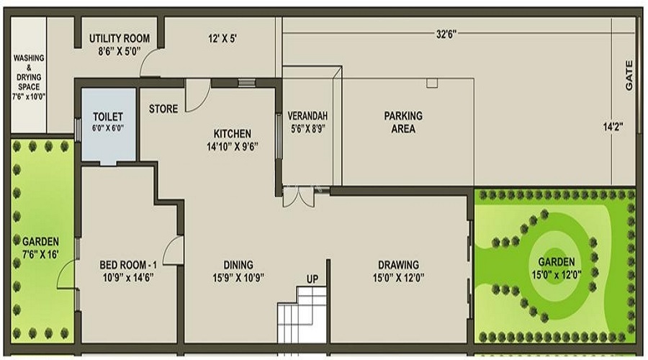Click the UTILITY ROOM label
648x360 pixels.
click(x=119, y=44)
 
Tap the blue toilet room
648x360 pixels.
click(x=108, y=125)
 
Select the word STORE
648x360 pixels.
click(x=163, y=109)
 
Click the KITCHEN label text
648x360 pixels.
click(x=232, y=139)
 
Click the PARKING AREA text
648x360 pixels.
click(x=402, y=122)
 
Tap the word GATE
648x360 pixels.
click(x=629, y=75)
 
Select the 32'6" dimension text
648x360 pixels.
click(x=447, y=34)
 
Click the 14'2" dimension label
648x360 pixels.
click(x=613, y=127)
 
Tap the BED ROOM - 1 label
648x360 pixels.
click(x=127, y=270)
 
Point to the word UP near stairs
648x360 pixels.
click(x=312, y=279)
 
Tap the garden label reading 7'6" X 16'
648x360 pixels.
click(x=40, y=248)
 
